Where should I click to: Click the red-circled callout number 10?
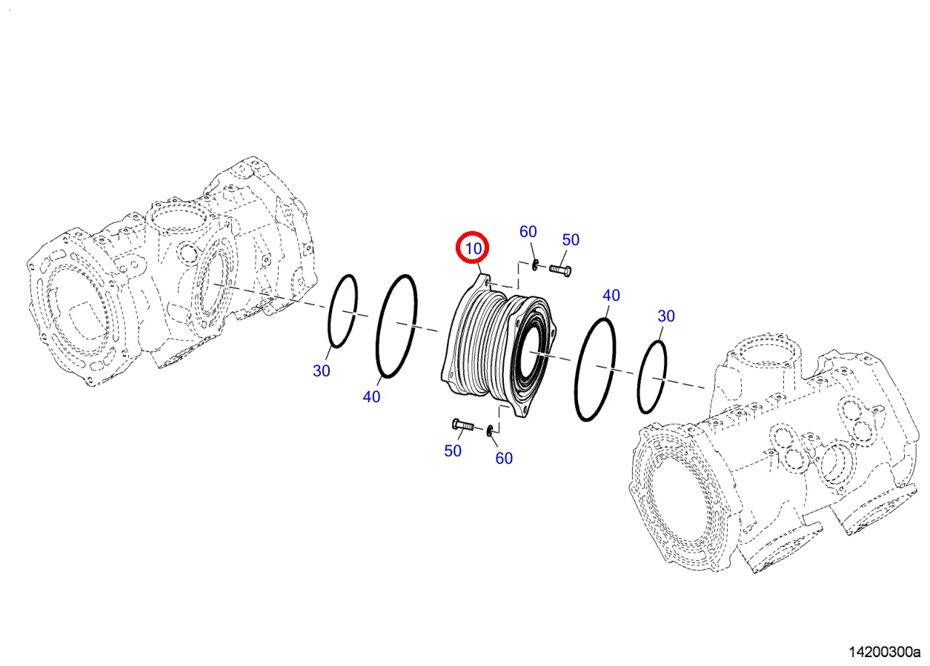coord(473,248)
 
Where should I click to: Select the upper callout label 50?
coord(570,240)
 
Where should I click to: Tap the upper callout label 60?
coord(528,232)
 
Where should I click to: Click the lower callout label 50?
coord(452,450)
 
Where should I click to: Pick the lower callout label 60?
coord(504,459)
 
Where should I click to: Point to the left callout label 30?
coord(321,371)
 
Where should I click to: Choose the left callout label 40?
coord(371,397)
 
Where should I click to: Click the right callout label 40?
coord(611,296)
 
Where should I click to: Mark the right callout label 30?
coord(666,316)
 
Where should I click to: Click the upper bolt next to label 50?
coord(560,270)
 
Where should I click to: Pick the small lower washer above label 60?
coord(491,430)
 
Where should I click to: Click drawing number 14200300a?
coord(883,653)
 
